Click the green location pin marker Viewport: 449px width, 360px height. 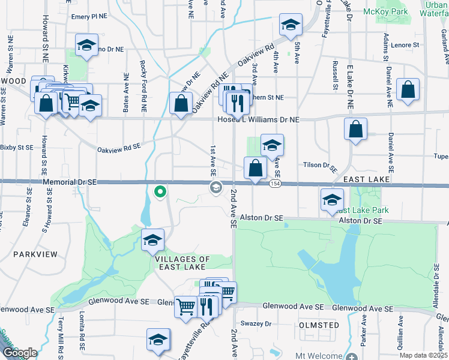(x=160, y=192)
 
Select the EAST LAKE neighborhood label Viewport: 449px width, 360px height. (x=367, y=179)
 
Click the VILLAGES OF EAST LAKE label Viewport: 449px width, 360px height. (x=182, y=263)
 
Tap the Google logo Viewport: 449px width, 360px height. (x=19, y=353)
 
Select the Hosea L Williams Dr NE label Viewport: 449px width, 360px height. (x=258, y=120)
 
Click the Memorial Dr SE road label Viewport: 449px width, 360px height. (x=70, y=181)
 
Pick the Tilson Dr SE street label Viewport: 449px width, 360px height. (x=318, y=165)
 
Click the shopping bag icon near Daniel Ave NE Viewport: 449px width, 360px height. (x=408, y=90)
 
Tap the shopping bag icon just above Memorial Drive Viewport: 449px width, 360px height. (x=255, y=167)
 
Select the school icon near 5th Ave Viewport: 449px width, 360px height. (x=291, y=25)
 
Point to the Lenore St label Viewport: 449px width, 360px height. (x=404, y=45)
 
